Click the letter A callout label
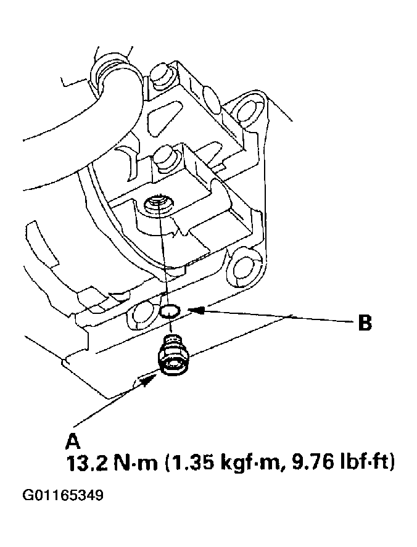(x=72, y=441)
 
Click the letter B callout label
(x=365, y=323)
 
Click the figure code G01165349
(x=63, y=496)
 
